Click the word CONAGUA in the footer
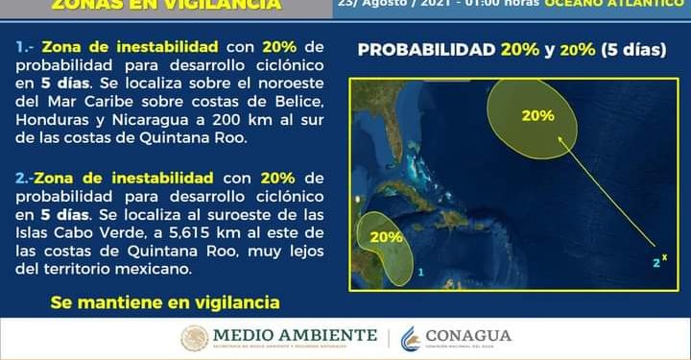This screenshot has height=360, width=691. tap(469, 336)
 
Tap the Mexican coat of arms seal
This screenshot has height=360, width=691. tap(195, 337)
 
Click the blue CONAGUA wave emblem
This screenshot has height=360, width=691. tap(411, 337)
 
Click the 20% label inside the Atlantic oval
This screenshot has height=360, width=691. tap(537, 115)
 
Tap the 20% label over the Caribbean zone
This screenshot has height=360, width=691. tap(385, 236)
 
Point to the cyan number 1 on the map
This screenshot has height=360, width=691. tap(420, 273)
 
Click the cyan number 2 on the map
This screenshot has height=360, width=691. tap(655, 262)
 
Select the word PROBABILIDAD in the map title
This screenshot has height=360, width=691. tap(426, 50)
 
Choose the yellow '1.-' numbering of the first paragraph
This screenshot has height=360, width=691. tap(27, 47)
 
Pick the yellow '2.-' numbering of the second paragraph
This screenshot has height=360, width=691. tap(27, 178)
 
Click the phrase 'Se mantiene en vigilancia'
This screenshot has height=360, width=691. tap(165, 302)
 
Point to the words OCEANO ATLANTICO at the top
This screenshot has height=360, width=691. tap(625, 3)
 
